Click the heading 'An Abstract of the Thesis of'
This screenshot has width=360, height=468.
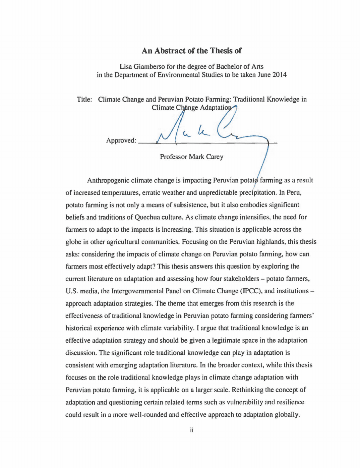point(191,51)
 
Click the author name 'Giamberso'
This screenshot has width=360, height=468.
point(149,66)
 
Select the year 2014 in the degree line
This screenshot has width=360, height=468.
point(279,74)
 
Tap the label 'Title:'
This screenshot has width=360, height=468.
point(84,99)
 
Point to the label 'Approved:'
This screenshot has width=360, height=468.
point(121,140)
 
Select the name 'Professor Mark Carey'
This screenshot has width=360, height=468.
point(191,157)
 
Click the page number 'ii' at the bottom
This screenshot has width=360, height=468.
point(191,430)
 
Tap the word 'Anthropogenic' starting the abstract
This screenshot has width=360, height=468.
point(108,180)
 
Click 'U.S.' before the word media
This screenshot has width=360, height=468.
point(71,291)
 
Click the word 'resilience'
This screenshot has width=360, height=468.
point(290,402)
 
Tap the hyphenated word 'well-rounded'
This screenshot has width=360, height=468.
point(148,414)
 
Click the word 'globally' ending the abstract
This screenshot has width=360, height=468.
point(287,414)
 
